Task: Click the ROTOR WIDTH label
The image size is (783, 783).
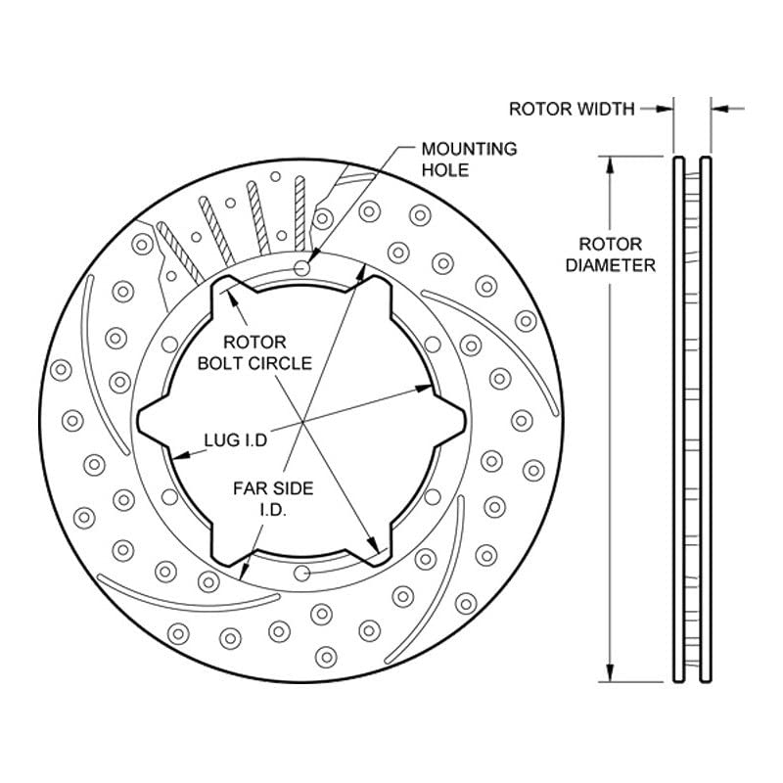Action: pyautogui.click(x=572, y=109)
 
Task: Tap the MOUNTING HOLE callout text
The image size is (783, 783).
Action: pyautogui.click(x=469, y=160)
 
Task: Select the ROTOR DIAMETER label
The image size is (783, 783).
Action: pyautogui.click(x=610, y=254)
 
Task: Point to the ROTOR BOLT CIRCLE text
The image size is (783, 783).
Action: pyautogui.click(x=254, y=352)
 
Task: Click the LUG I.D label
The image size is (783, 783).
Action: pyautogui.click(x=236, y=439)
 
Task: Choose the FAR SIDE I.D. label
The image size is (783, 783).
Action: pyautogui.click(x=273, y=498)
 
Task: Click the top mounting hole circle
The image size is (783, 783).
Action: pyautogui.click(x=301, y=268)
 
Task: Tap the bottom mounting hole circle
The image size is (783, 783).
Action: pyautogui.click(x=301, y=574)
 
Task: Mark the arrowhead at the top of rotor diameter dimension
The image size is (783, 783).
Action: pyautogui.click(x=610, y=165)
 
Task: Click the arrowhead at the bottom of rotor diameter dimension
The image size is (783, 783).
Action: pyautogui.click(x=610, y=672)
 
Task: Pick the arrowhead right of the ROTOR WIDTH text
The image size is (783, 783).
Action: pyautogui.click(x=665, y=109)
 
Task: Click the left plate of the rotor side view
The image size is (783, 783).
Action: pyautogui.click(x=678, y=420)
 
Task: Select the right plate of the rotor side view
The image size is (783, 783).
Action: pyautogui.click(x=705, y=420)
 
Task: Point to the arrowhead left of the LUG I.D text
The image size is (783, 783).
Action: pyautogui.click(x=181, y=455)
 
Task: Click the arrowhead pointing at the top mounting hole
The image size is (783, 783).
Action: pyautogui.click(x=313, y=254)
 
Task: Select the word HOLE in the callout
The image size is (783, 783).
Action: pyautogui.click(x=445, y=170)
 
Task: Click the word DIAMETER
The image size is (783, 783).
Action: pyautogui.click(x=610, y=265)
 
